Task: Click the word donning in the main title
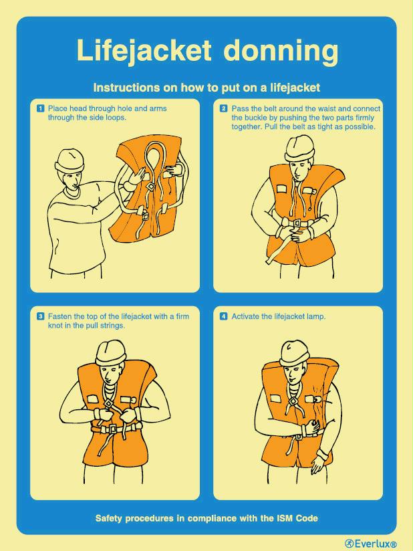281,51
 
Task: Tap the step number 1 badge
40,108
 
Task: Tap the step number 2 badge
224,108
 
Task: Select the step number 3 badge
40,316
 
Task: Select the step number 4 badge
224,316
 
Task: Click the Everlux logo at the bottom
370,543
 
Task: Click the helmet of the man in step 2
299,146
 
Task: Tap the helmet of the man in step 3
110,352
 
